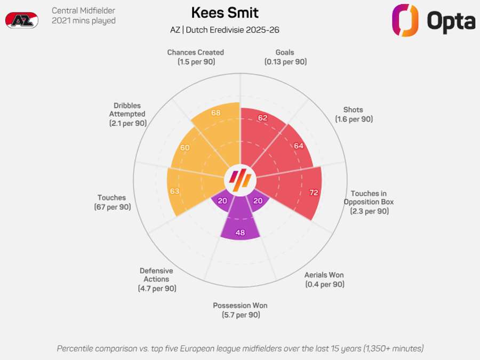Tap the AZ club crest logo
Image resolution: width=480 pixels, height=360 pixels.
(21, 20)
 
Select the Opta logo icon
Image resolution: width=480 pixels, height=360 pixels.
(405, 20)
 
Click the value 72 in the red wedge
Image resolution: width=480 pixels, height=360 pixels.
(314, 192)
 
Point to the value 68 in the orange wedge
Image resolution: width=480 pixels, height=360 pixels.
(216, 113)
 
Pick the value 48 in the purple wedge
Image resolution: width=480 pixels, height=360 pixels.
(240, 233)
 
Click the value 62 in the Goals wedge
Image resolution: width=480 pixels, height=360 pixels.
(262, 118)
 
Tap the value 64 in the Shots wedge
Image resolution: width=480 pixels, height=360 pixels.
(298, 146)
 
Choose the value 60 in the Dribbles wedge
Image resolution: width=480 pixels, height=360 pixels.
(185, 148)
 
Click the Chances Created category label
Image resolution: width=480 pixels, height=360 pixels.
(195, 57)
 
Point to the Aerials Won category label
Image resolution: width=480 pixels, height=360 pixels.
(324, 279)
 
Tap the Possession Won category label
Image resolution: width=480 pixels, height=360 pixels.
(240, 310)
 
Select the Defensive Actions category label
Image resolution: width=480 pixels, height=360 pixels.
(156, 279)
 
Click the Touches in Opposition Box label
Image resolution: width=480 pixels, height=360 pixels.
(369, 202)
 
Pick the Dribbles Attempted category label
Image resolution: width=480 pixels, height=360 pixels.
(127, 114)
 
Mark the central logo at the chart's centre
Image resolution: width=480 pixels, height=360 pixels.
(240, 181)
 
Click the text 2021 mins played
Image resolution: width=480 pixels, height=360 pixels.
(84, 21)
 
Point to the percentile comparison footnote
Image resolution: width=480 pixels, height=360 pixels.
(240, 348)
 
